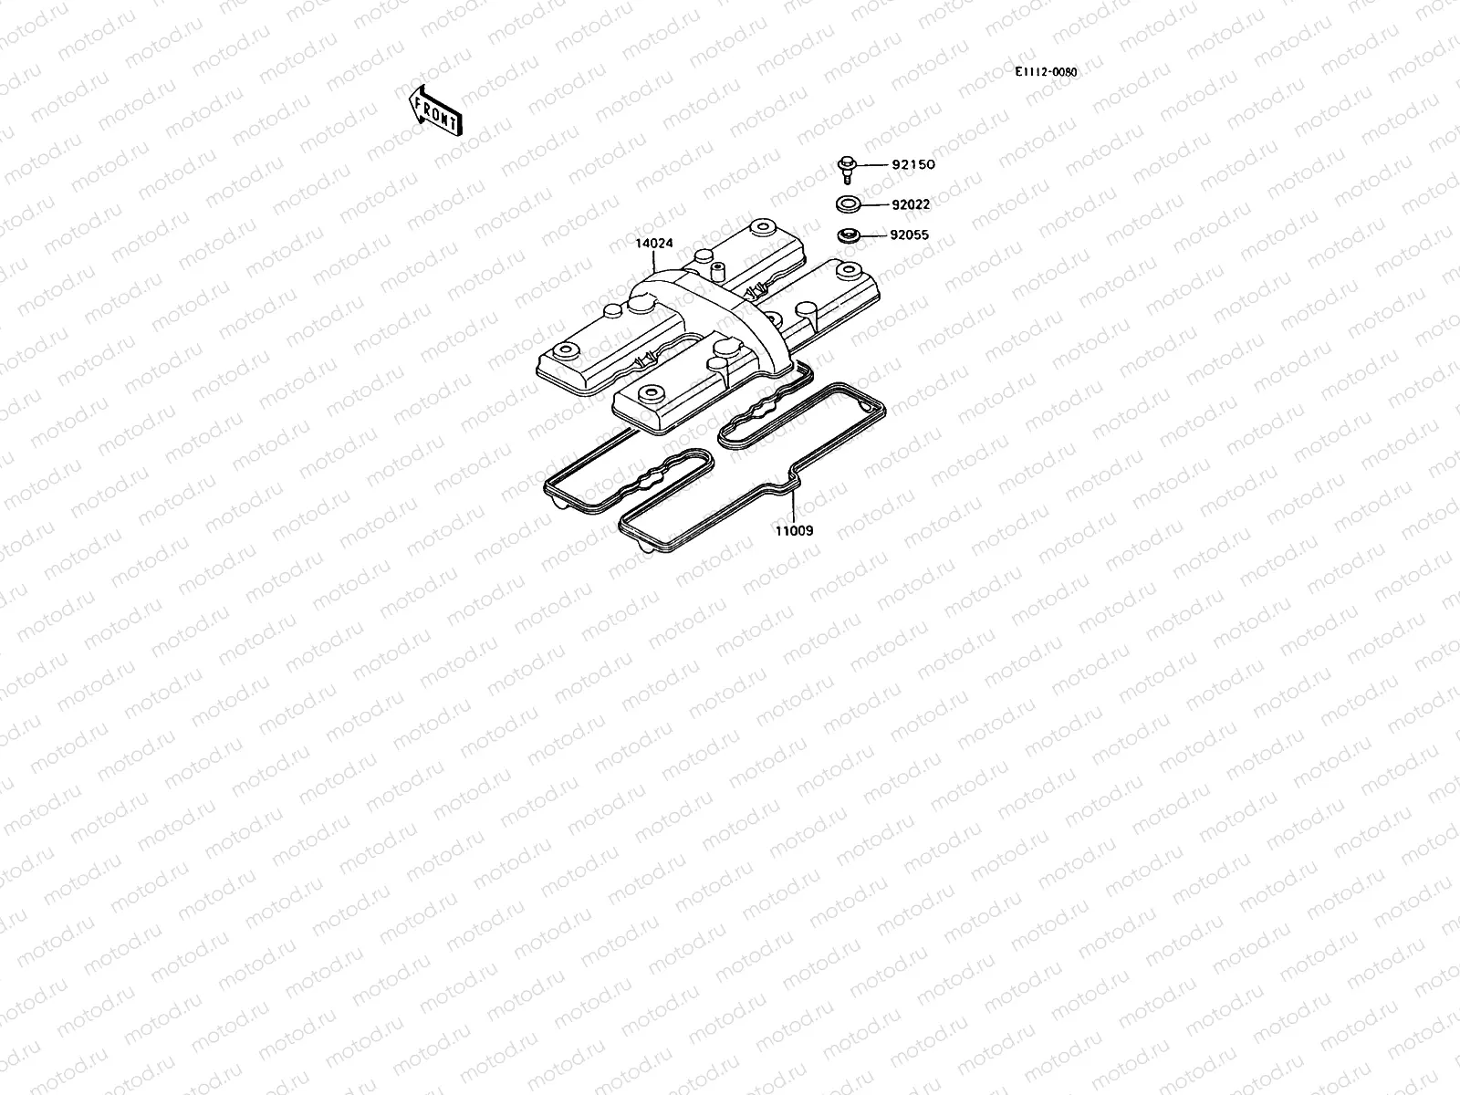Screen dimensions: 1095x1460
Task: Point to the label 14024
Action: tap(654, 243)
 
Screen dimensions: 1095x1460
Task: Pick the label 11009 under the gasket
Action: tap(794, 530)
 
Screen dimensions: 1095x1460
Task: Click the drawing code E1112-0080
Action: tap(1045, 72)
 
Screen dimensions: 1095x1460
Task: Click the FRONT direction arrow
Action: tap(435, 110)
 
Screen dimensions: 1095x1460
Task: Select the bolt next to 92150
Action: tap(846, 167)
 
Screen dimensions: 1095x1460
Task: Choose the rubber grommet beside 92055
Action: tap(848, 236)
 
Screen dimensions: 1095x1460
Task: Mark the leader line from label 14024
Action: tap(656, 259)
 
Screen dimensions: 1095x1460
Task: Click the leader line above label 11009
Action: tap(795, 506)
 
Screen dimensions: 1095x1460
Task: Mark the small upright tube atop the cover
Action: tap(717, 272)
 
